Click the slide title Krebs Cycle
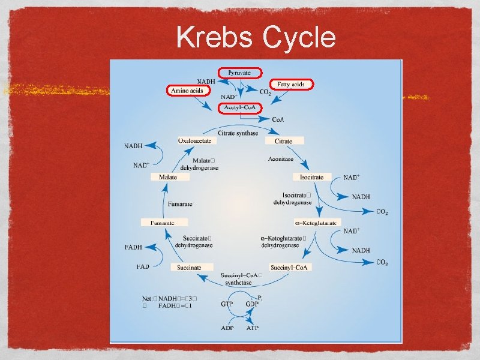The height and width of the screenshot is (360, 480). pyautogui.click(x=256, y=38)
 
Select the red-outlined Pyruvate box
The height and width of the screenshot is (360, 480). pyautogui.click(x=239, y=73)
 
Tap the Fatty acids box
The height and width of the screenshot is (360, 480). pyautogui.click(x=291, y=85)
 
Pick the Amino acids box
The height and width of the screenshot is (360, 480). pyautogui.click(x=188, y=91)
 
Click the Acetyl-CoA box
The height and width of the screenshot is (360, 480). pyautogui.click(x=239, y=107)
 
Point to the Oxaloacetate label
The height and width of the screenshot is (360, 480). pyautogui.click(x=194, y=140)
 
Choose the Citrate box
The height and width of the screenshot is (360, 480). pyautogui.click(x=284, y=141)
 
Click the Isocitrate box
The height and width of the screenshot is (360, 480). pyautogui.click(x=312, y=177)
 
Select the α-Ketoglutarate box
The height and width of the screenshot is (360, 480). pyautogui.click(x=318, y=223)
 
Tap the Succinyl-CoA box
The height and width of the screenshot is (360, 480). pyautogui.click(x=289, y=267)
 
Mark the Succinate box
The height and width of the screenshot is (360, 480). pyautogui.click(x=190, y=267)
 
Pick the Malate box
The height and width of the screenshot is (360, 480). pyautogui.click(x=168, y=177)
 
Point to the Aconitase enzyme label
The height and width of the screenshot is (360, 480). pyautogui.click(x=280, y=159)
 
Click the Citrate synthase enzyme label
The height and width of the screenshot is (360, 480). pyautogui.click(x=238, y=133)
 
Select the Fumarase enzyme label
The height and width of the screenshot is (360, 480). pyautogui.click(x=180, y=204)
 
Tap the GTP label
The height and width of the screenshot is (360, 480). pyautogui.click(x=227, y=304)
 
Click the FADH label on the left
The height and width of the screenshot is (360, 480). pyautogui.click(x=133, y=247)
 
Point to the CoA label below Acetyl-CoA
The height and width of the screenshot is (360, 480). pyautogui.click(x=278, y=120)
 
